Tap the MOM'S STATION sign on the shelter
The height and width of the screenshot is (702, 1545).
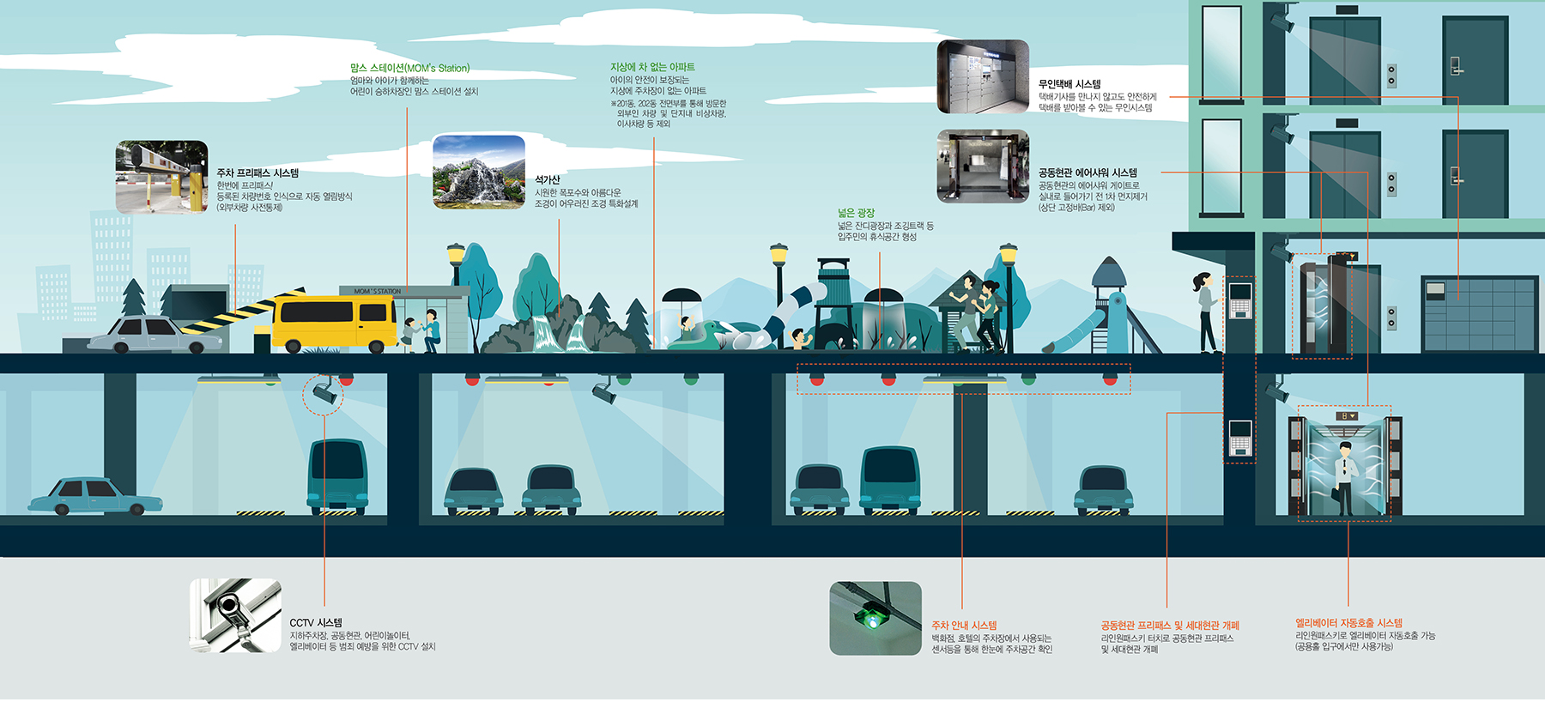(x=377, y=291)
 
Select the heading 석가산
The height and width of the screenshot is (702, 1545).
(x=547, y=179)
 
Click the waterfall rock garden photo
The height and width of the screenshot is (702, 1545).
(x=479, y=172)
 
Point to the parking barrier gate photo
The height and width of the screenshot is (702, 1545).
(x=161, y=177)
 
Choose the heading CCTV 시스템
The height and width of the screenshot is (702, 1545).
(x=315, y=622)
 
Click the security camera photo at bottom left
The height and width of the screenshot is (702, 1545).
(x=235, y=615)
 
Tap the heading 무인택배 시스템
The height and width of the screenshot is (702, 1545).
(x=1069, y=84)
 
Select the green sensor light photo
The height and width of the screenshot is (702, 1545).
(x=875, y=618)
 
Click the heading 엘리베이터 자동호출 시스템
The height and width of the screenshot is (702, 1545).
(x=1348, y=622)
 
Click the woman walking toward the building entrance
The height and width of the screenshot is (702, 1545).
(x=1207, y=312)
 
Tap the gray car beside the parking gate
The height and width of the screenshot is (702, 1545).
(x=153, y=334)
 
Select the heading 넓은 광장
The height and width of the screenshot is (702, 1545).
(x=856, y=213)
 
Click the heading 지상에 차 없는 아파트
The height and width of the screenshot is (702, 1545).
(x=652, y=67)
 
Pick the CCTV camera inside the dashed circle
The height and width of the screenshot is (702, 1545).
(x=324, y=393)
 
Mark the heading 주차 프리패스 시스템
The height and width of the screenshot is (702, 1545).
(x=257, y=172)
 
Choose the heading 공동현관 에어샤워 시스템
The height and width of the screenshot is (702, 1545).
(x=1088, y=172)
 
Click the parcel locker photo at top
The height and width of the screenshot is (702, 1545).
(x=982, y=76)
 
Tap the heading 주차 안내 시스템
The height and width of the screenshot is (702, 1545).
(x=964, y=626)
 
